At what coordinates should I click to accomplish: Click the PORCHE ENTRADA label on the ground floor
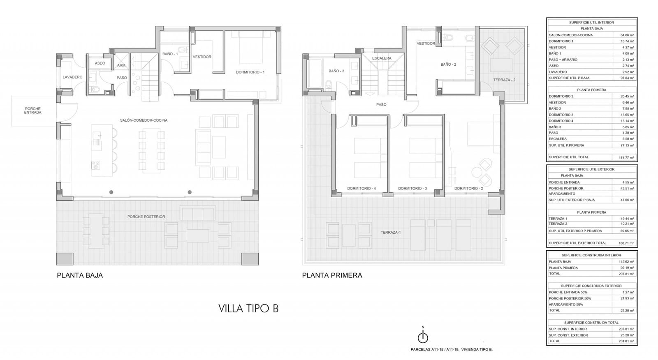32,111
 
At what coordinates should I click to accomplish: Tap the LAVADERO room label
72,77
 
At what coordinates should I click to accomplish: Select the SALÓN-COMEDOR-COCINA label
144,120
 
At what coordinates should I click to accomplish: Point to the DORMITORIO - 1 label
250,72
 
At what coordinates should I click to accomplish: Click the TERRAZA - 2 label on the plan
504,80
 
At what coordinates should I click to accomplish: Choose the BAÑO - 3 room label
336,71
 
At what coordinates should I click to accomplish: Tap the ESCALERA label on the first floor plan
382,58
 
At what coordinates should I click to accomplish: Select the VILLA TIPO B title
248,308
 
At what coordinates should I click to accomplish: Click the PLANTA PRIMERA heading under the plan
332,275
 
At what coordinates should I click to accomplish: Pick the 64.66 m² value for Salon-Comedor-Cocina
627,35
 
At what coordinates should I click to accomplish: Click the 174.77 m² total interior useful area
626,157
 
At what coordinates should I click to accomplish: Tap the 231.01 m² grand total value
626,341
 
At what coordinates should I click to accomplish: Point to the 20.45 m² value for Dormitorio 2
627,96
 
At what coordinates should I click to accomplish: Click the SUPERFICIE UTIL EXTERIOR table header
591,169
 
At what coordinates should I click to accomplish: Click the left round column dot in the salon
111,192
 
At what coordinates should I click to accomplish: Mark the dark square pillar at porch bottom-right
250,259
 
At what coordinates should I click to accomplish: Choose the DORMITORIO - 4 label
361,189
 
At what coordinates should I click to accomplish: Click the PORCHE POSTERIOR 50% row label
570,298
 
